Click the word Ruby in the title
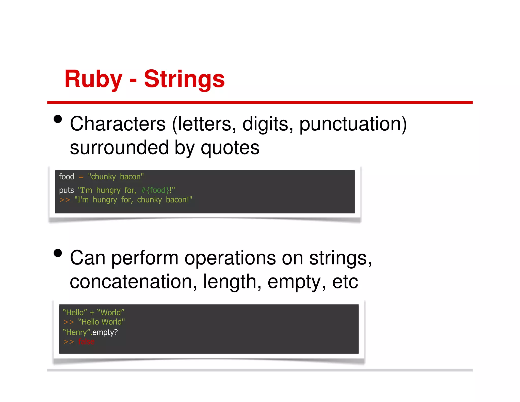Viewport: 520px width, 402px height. click(93, 79)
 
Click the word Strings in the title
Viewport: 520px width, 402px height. click(184, 79)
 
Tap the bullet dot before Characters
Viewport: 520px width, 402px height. click(58, 119)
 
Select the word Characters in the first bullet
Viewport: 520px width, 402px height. click(118, 124)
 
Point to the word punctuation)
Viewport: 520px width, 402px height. click(353, 124)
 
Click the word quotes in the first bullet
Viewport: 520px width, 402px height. click(230, 148)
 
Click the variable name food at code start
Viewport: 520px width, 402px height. click(67, 177)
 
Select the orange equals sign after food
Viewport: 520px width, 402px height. click(81, 177)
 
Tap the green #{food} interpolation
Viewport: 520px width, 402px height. click(155, 190)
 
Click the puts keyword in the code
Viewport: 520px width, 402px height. click(66, 190)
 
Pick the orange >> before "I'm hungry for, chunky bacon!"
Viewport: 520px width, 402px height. click(64, 200)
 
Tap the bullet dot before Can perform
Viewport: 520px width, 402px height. click(58, 253)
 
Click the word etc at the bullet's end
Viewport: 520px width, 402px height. click(345, 282)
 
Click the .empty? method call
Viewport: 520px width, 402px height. click(104, 332)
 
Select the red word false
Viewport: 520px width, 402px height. click(86, 342)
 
